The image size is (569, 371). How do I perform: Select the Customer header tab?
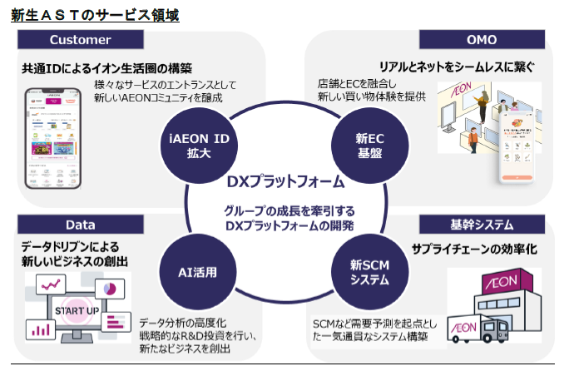click(80, 40)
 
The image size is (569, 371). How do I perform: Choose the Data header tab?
click(80, 225)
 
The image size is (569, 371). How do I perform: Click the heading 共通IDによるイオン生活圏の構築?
click(106, 67)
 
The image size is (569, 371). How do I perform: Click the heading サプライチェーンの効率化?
click(475, 249)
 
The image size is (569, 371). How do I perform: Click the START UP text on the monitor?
click(77, 311)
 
